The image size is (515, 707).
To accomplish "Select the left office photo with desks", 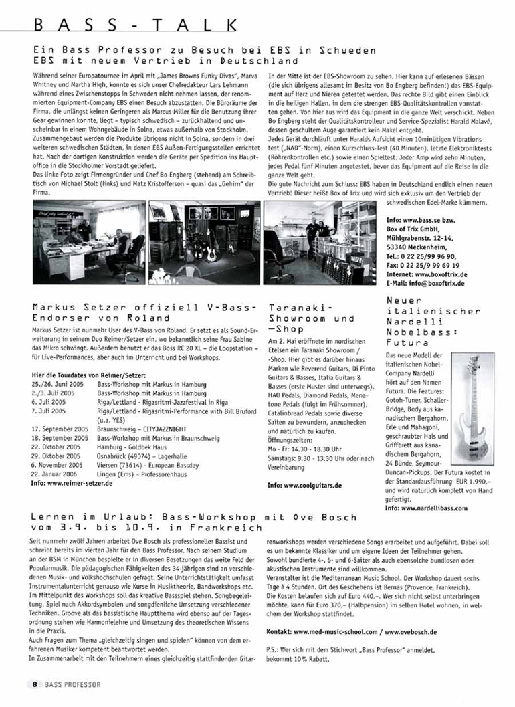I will (89, 242).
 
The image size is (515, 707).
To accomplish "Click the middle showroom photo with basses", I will (204, 242).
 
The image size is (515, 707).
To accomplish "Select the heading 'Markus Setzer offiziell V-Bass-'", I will (144, 308).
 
